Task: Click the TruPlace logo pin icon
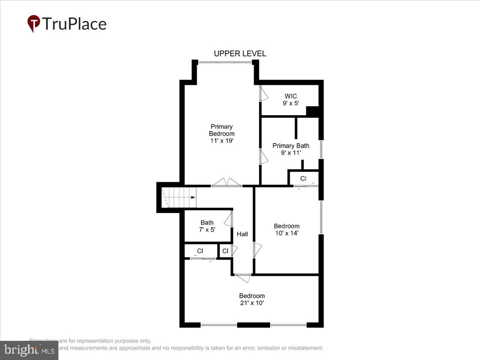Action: [x=34, y=23]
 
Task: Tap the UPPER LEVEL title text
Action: [x=240, y=54]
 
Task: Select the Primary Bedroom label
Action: [x=222, y=134]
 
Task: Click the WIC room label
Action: [x=291, y=99]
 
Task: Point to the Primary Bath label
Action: [x=291, y=149]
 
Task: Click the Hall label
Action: [x=242, y=234]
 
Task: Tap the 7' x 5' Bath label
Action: [x=207, y=226]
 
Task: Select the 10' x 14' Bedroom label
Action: [x=286, y=230]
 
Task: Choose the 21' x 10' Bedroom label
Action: [x=252, y=299]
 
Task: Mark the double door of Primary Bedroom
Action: [x=227, y=183]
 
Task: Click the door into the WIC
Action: [x=263, y=94]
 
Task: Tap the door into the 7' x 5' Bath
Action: [x=229, y=220]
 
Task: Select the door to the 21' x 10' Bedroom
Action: [x=242, y=277]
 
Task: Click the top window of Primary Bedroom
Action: [x=226, y=62]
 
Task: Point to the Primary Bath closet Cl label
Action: [x=303, y=178]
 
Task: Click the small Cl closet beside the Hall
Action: [x=225, y=251]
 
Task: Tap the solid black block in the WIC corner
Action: [x=312, y=112]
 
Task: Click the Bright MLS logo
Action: [x=29, y=350]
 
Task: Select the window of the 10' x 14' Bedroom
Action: [x=320, y=217]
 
